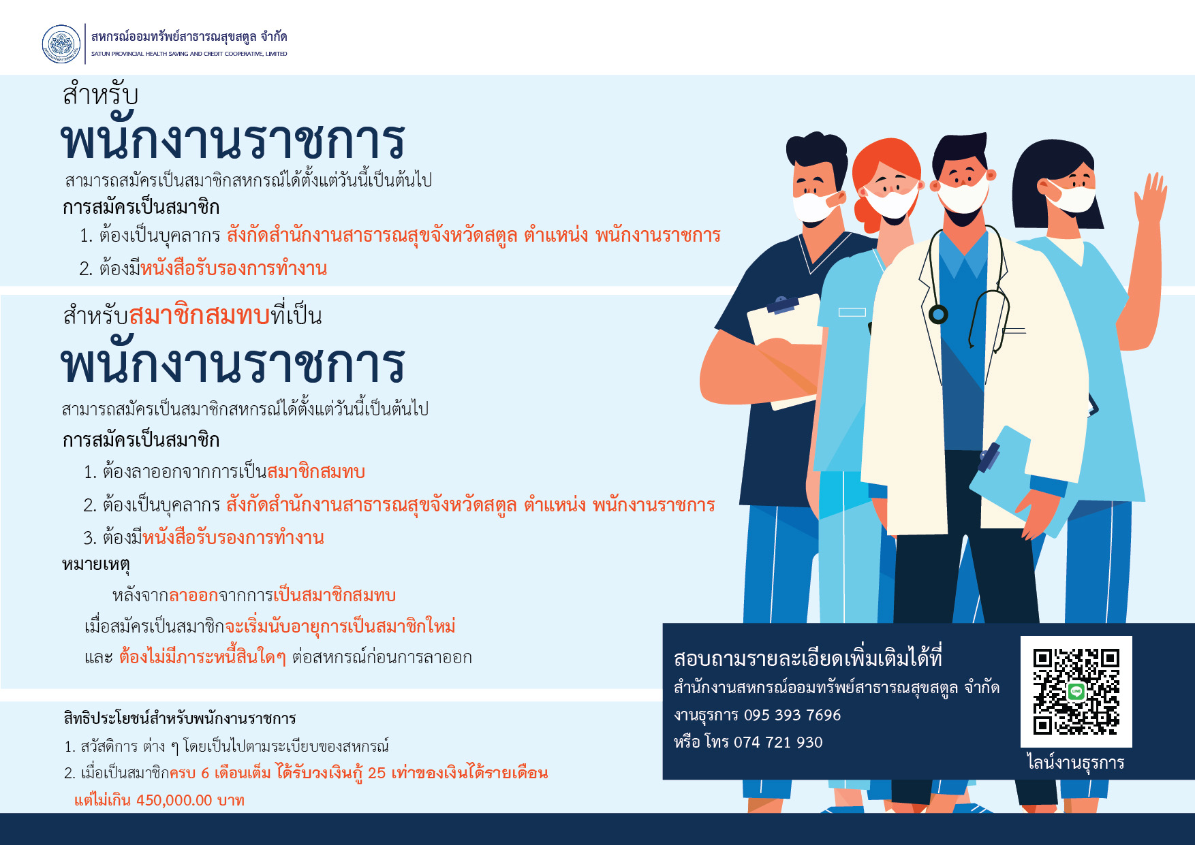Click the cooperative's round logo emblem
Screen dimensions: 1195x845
pos(61,44)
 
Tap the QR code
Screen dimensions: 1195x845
pos(1076,692)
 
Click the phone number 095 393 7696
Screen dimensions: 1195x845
pos(792,715)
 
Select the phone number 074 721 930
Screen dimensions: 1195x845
pos(778,742)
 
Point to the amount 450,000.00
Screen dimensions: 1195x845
pos(174,800)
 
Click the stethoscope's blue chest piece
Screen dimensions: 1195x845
pos(938,314)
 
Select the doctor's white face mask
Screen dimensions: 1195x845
pos(963,195)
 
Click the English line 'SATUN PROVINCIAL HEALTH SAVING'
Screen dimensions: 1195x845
pos(189,54)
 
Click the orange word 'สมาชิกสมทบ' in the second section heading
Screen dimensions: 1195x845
pos(199,316)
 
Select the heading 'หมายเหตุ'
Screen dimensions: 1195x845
pos(96,565)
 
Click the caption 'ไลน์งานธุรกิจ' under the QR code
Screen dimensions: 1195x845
pos(1076,763)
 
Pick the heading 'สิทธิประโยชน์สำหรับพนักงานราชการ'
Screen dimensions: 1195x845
pos(180,718)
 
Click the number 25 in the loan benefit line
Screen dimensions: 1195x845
pos(377,773)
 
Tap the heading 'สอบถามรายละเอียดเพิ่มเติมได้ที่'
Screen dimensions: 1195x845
pos(808,658)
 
